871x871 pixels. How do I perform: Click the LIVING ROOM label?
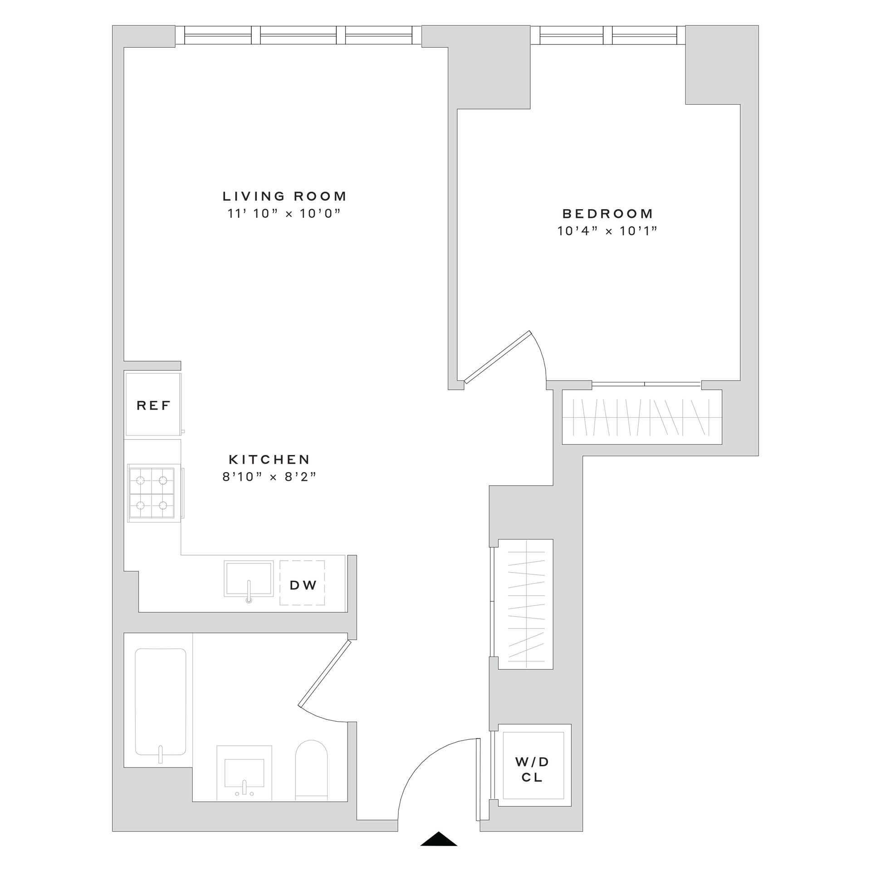click(284, 196)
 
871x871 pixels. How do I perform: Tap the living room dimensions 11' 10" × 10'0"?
click(284, 213)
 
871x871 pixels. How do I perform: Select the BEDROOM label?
click(607, 214)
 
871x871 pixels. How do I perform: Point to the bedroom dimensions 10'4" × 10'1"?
click(607, 231)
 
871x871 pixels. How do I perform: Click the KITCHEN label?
click(269, 460)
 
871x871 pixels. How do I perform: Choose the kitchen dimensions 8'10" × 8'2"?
click(269, 477)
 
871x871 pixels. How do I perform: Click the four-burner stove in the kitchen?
click(152, 493)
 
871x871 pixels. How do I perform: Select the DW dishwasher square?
click(303, 585)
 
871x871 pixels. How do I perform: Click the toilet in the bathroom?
click(311, 769)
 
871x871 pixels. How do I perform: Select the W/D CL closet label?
click(532, 769)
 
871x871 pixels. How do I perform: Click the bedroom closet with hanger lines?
click(641, 416)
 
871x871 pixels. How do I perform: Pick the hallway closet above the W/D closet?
click(526, 604)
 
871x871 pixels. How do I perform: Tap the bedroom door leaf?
click(498, 357)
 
